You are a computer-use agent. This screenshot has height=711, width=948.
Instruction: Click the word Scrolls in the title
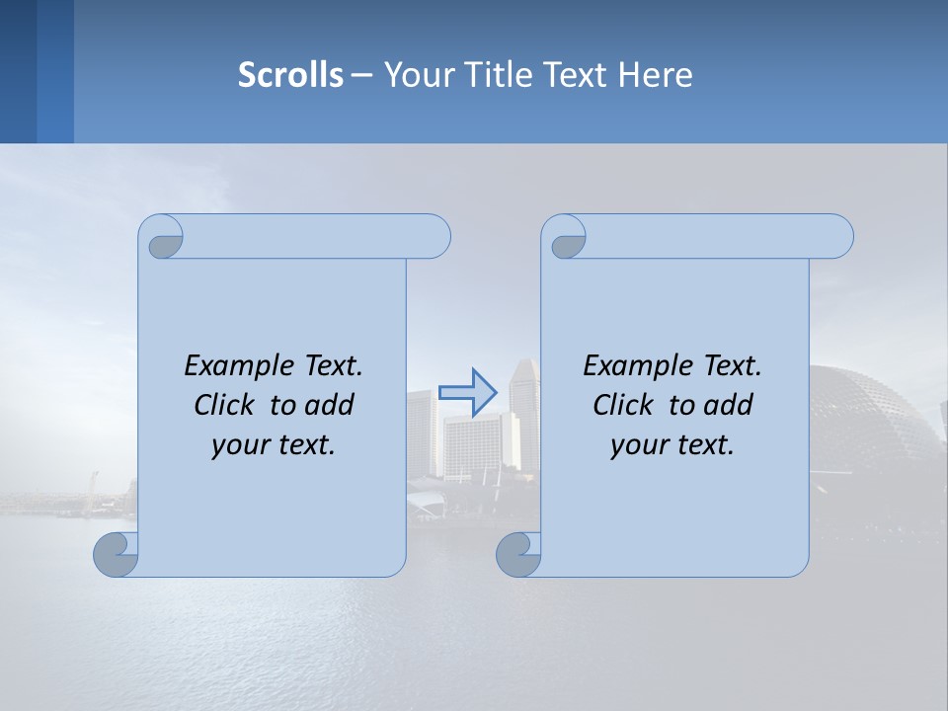290,75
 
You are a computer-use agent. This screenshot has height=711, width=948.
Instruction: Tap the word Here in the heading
656,75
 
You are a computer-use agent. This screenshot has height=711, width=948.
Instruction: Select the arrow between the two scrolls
468,392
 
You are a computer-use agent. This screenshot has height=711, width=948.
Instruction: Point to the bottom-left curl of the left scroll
117,555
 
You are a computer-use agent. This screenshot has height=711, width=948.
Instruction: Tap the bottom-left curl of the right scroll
518,555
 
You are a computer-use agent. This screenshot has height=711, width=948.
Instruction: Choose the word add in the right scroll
727,405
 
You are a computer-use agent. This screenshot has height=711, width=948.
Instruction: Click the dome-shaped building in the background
869,425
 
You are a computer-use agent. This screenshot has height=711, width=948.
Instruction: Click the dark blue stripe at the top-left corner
18,71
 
